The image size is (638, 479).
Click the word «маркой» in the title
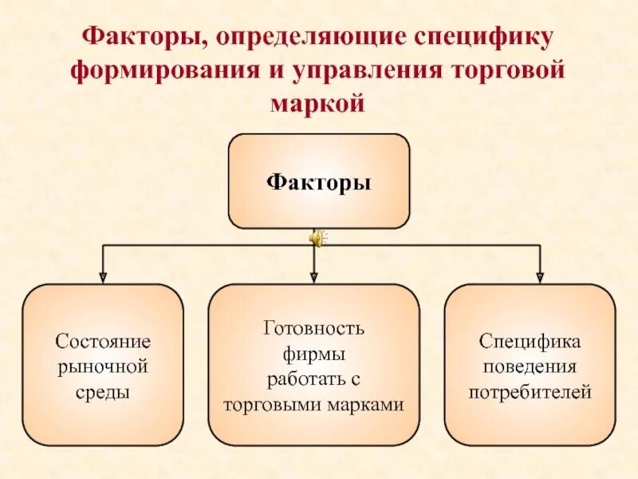pos(318,103)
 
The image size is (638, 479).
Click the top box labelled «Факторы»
pos(319,182)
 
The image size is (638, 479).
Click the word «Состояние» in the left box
pos(103,342)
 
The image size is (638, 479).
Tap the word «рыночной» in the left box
pos(103,367)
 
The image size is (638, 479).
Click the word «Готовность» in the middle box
pos(313,328)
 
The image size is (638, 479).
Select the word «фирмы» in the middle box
pos(313,354)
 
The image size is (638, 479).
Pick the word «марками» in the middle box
pos(369,405)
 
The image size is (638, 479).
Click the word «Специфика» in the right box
pos(530,342)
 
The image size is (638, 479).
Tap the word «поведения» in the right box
pos(530,367)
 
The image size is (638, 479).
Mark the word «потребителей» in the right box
pos(530,393)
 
